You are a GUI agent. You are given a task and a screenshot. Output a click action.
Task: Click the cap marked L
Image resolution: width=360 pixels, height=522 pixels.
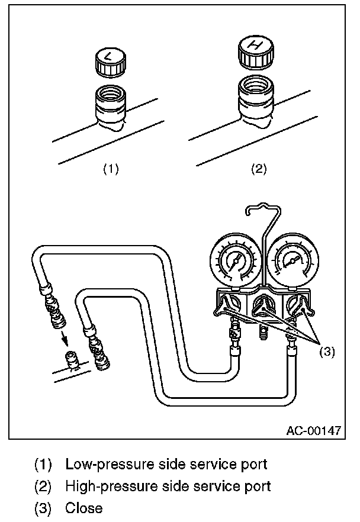(109, 62)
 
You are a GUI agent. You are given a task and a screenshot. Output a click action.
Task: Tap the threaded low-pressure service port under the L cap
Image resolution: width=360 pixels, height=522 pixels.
(111, 104)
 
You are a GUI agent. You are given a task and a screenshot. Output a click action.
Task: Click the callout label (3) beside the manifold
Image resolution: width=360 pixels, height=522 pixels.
(327, 352)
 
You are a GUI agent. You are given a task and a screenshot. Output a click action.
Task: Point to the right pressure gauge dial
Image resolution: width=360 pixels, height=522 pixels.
(292, 260)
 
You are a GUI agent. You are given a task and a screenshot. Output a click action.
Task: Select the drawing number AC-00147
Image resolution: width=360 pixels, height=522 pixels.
(313, 430)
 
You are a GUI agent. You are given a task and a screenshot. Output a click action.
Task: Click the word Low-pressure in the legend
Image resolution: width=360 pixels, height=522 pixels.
(101, 463)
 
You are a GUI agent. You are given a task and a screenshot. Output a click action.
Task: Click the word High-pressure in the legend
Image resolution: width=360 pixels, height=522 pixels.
(102, 486)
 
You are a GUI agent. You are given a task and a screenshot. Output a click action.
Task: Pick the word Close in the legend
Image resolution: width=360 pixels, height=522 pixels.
(83, 508)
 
